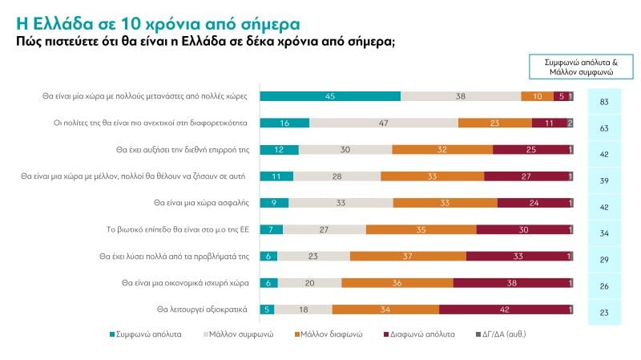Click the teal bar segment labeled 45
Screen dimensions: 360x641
331,96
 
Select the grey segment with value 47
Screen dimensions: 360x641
384,123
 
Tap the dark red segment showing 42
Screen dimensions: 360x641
505,309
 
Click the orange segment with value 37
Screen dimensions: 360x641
408,257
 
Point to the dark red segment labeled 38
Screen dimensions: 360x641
510,283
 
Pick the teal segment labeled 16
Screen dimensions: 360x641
285,123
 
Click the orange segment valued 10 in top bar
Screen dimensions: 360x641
537,96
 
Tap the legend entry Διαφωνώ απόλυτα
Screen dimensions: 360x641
420,333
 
